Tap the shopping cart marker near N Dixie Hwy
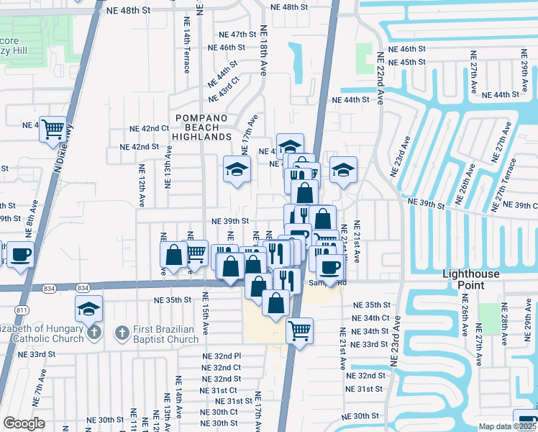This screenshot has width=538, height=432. point(53,130)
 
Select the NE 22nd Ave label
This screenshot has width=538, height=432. point(378,79)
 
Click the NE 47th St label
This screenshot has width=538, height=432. point(238,34)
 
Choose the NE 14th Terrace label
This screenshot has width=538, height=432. point(186,51)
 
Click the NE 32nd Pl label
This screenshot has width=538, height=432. point(222,356)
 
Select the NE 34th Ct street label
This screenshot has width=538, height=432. point(370,318)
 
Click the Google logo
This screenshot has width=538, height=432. point(24,423)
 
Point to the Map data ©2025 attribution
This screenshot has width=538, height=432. point(506,426)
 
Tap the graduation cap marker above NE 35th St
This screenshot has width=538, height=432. point(89,308)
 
